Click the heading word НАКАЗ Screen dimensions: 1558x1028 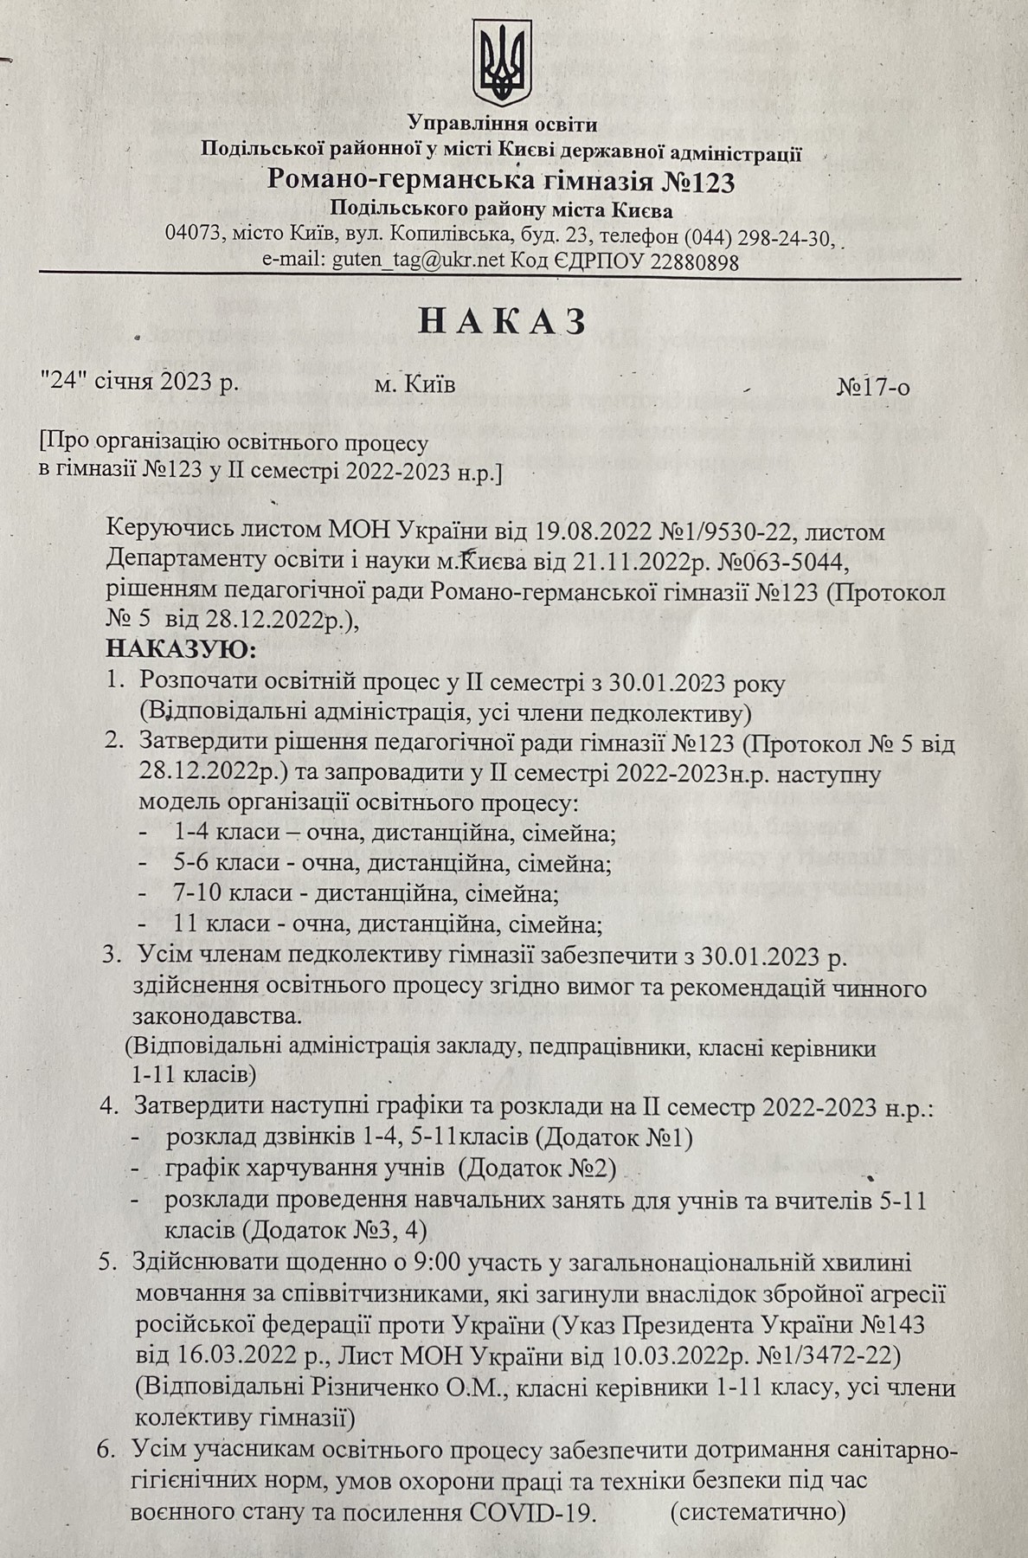click(x=503, y=321)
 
